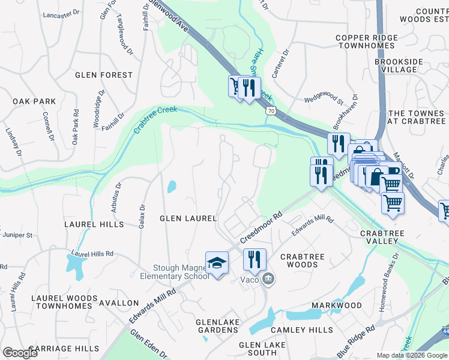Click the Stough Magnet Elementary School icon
pos(217,263)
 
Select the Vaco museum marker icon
pos(269,279)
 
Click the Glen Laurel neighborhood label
pos(187,218)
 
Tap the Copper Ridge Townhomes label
pos(367,42)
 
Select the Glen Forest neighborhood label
pos(104,75)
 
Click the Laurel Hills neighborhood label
pos(94,224)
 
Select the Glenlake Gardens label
pos(217,326)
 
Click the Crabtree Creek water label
pos(155,119)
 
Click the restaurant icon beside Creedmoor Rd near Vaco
pos(255,259)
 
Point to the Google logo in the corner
pos(20,353)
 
